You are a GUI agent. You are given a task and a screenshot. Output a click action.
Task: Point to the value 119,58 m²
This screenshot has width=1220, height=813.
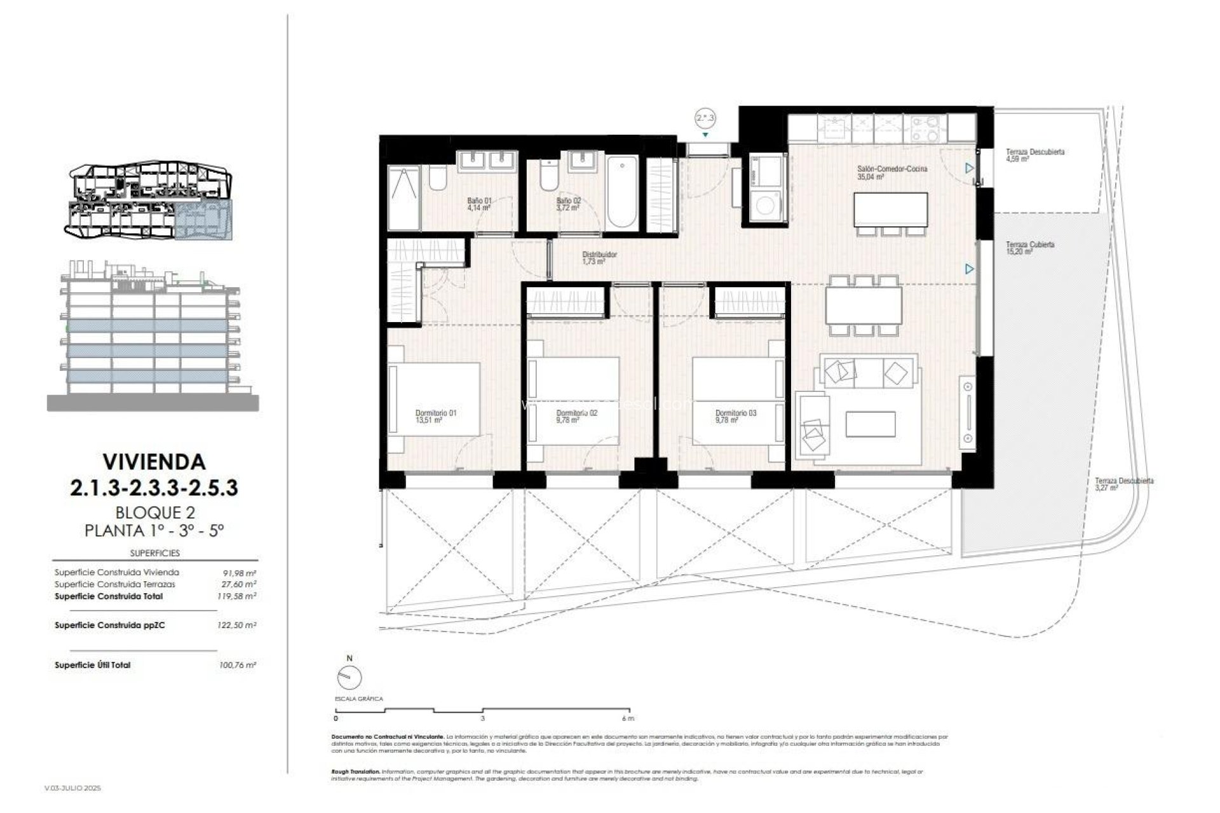pos(236,596)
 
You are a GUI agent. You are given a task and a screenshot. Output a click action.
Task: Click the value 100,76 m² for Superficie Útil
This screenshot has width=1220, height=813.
pos(236,665)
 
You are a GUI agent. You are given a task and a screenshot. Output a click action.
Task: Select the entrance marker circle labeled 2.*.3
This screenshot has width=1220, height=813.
pos(705,118)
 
